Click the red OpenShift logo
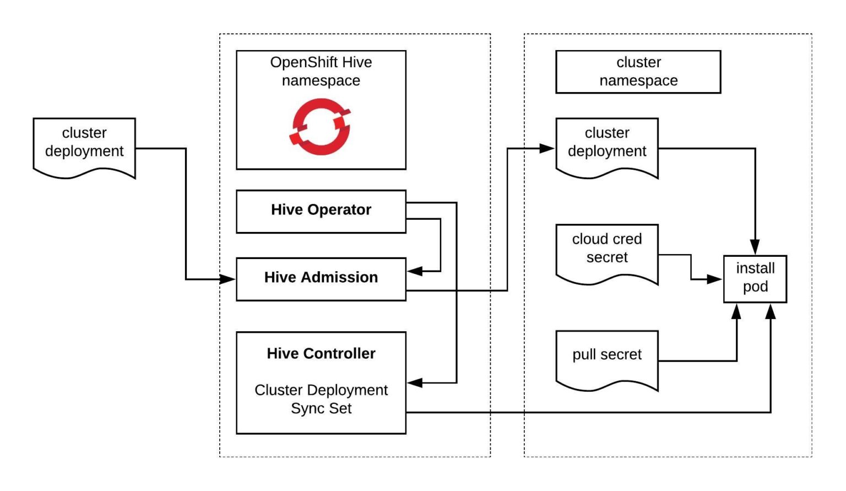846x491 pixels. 321,127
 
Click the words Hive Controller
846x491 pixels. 321,353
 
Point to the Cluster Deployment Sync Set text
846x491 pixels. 321,399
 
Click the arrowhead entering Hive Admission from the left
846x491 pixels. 227,279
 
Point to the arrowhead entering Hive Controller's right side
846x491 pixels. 415,383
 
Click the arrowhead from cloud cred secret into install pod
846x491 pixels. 714,279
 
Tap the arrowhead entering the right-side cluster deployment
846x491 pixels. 547,148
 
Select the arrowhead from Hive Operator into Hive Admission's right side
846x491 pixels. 415,271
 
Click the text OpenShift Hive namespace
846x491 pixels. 321,71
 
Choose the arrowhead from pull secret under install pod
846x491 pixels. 736,311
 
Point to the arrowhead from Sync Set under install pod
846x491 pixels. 771,311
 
